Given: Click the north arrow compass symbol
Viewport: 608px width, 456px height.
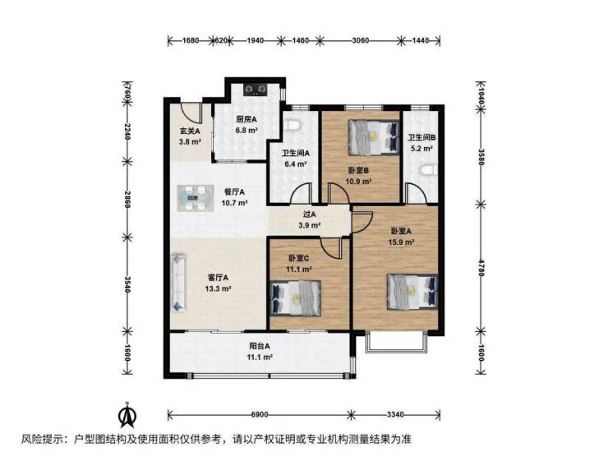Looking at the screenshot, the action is (x=127, y=415).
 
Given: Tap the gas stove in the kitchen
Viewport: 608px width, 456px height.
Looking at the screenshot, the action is (x=256, y=90).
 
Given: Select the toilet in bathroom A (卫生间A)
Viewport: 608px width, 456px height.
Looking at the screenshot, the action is (x=292, y=125).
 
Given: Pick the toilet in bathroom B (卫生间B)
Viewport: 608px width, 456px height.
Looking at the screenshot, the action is (x=429, y=170).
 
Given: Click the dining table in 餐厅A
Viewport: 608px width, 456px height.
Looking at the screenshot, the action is (x=196, y=198).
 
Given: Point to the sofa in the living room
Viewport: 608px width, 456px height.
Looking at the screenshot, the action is (x=178, y=283).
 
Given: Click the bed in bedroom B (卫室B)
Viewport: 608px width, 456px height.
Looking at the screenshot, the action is (x=374, y=136).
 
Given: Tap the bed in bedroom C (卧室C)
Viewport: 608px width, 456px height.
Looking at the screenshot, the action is (x=296, y=297).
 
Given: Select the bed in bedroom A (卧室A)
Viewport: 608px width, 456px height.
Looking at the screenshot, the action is (x=412, y=292).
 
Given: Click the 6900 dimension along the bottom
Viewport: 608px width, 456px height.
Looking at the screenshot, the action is (x=260, y=415).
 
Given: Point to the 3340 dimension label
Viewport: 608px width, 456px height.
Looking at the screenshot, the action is (x=395, y=415).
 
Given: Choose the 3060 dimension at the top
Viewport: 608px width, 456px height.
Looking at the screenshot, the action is (x=360, y=40).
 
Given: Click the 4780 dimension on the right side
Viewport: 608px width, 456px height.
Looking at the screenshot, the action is (x=481, y=267).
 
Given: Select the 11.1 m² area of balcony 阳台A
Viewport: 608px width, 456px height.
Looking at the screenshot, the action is (x=260, y=357).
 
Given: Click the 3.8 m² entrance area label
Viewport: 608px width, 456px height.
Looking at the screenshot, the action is (x=190, y=142).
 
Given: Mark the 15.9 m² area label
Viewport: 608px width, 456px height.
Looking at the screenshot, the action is (x=401, y=242).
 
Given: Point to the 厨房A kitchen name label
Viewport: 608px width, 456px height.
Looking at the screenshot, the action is (x=246, y=119).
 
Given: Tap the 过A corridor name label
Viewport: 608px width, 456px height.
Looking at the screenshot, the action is (x=309, y=214).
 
